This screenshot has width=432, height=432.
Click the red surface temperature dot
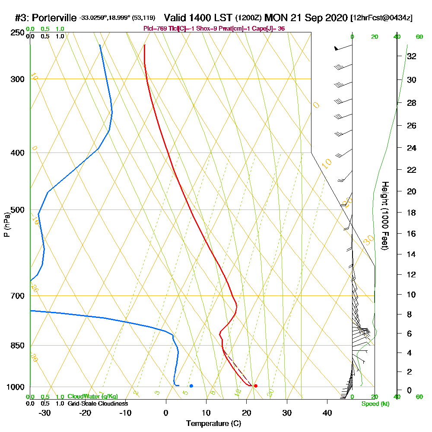click(x=256, y=386)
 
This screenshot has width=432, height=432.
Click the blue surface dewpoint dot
click(x=191, y=386)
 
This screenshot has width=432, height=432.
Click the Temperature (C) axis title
click(x=213, y=424)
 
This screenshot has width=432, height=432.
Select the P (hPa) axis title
click(x=7, y=225)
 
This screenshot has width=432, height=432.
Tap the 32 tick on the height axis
click(x=412, y=56)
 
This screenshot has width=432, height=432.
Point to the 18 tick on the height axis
click(x=412, y=213)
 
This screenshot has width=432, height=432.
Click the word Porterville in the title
click(x=54, y=18)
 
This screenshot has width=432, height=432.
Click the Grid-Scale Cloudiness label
click(x=97, y=403)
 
